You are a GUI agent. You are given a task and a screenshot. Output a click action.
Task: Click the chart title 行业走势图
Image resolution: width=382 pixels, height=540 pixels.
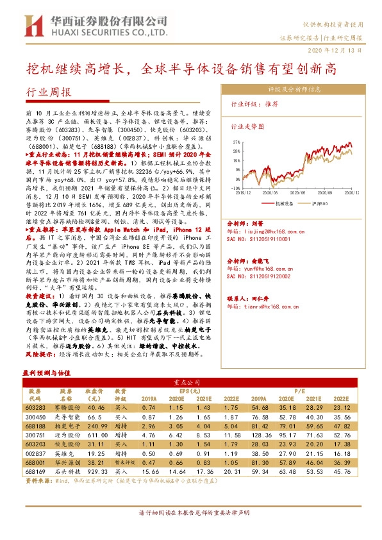coord(247,127)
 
